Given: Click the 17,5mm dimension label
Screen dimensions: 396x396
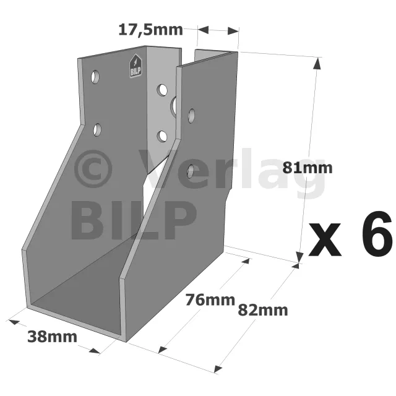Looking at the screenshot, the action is click(x=150, y=30).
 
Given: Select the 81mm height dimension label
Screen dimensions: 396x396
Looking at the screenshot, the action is click(x=308, y=168).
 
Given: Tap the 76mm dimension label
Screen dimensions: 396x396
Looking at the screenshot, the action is click(x=210, y=300).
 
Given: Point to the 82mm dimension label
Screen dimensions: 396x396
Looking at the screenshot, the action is click(x=263, y=310).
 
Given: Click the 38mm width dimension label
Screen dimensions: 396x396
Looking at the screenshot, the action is click(x=52, y=337).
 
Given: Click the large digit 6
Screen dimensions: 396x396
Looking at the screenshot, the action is click(x=377, y=234).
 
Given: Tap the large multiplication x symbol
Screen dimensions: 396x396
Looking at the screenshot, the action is click(x=324, y=239).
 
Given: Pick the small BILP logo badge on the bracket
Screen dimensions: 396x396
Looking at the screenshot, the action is click(x=136, y=66).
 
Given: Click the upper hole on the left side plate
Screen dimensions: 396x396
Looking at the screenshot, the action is click(x=95, y=77).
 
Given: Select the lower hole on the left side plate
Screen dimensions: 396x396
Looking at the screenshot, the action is click(x=97, y=130).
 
